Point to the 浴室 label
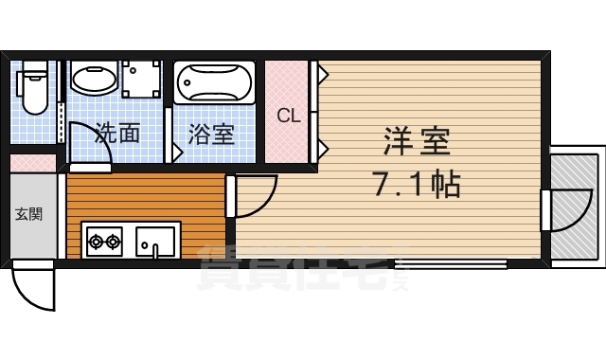pyautogui.click(x=210, y=134)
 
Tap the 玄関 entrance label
pyautogui.click(x=28, y=214)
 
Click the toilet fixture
pyautogui.click(x=35, y=88)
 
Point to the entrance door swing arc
pyautogui.click(x=36, y=288)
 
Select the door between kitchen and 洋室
pyautogui.click(x=253, y=196)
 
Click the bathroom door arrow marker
pyautogui.click(x=176, y=152)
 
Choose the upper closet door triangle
pyautogui.click(x=323, y=72)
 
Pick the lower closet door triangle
pyautogui.click(x=323, y=148)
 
